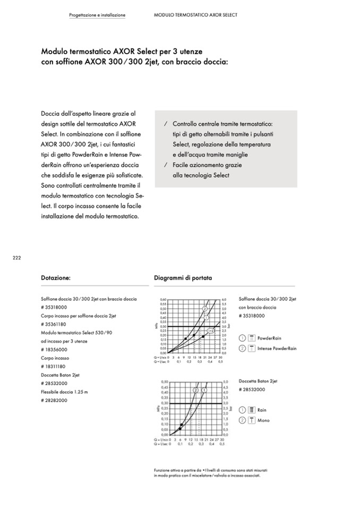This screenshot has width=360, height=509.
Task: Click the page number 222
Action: [16, 257]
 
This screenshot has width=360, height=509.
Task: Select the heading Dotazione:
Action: [56, 278]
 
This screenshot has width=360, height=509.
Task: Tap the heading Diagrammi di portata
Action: [183, 278]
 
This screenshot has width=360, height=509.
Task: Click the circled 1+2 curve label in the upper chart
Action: [210, 331]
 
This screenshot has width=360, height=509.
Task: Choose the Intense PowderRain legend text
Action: [277, 348]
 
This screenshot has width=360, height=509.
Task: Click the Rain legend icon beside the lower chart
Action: [251, 410]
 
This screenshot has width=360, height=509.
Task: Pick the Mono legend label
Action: [263, 420]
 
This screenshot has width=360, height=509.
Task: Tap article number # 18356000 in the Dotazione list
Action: [54, 350]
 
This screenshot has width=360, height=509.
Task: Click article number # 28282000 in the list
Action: [54, 400]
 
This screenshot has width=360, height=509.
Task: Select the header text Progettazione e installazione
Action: [97, 15]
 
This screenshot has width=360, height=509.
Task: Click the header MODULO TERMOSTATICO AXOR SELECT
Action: [195, 15]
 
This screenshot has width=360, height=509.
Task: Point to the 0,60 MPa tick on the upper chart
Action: [162, 299]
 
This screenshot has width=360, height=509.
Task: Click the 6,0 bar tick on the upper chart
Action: [224, 299]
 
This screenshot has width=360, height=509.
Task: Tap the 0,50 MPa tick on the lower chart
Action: [164, 382]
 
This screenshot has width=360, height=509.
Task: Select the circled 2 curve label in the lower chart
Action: [195, 390]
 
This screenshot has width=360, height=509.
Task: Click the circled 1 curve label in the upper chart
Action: [206, 317]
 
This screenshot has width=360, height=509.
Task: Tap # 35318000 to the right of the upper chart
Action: [252, 316]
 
